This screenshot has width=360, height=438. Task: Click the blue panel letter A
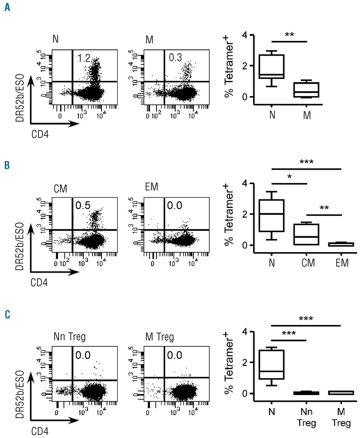pos(7,7)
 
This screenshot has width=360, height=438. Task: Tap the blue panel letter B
pos(7,166)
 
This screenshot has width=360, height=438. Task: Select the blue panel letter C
pos(7,314)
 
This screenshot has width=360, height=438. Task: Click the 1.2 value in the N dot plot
pos(83,58)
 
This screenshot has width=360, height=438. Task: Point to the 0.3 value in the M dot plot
pos(175,57)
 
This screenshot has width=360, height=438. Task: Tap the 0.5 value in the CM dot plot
pos(83,205)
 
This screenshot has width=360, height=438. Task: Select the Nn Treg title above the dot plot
pos(69,337)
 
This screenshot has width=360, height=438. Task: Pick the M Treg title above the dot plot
pos(159,337)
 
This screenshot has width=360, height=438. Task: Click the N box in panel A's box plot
pos(272,66)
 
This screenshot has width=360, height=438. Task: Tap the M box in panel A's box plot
pos(307,90)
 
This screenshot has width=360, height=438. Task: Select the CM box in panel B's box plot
pos(307,234)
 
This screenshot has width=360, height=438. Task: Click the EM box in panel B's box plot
pos(342,244)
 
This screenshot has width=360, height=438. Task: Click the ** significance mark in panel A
pos(290,35)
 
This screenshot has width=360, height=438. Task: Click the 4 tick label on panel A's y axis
pos(244,35)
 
